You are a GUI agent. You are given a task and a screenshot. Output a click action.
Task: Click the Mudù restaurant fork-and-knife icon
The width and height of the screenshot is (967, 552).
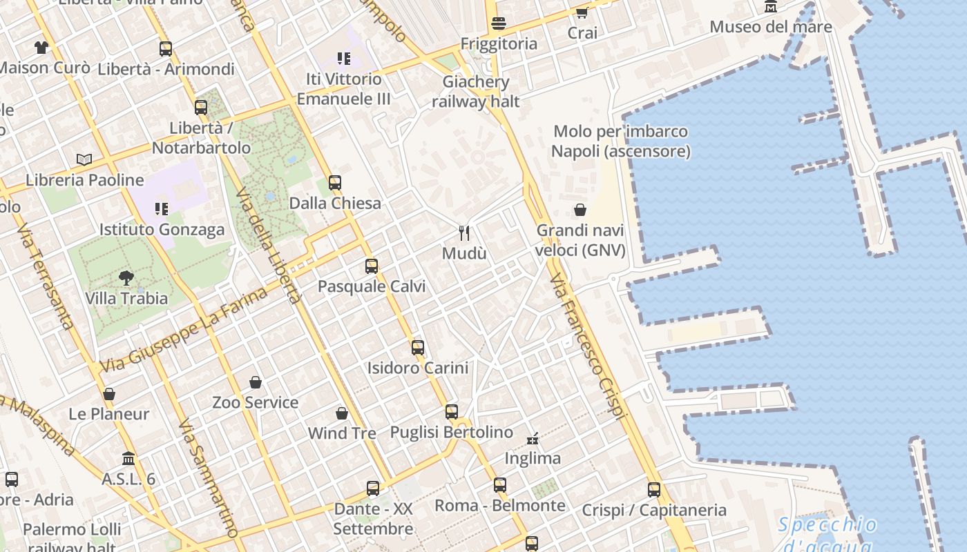point(464,233)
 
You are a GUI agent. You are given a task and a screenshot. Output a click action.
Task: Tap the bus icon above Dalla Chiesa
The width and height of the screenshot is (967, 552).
point(335,183)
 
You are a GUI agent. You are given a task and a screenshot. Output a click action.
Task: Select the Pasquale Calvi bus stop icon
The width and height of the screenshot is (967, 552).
point(372,266)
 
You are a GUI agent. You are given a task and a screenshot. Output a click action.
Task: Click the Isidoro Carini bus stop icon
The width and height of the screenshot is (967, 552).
point(418,348)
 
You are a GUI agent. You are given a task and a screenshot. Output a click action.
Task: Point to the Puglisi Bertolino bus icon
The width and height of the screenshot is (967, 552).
point(452,412)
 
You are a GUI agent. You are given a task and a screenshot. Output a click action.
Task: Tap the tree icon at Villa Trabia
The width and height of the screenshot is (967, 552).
point(126,278)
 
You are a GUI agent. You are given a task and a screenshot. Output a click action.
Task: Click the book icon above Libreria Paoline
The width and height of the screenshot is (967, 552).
point(84,160)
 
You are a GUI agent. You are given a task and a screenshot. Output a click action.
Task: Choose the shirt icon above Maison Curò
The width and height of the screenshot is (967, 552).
point(41,48)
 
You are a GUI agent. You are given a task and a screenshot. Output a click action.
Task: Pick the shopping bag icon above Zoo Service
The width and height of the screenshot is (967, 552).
point(256,382)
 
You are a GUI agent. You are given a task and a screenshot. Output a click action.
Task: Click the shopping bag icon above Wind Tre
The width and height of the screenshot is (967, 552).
point(342,413)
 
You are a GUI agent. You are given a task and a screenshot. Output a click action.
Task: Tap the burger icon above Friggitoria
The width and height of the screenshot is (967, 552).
point(499,23)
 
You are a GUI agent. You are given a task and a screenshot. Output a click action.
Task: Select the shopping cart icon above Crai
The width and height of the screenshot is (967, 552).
point(582,12)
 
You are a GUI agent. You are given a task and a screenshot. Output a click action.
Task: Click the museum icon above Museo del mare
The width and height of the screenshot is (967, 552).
point(771,7)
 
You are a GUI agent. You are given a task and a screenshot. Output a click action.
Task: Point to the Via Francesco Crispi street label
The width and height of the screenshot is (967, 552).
point(588,345)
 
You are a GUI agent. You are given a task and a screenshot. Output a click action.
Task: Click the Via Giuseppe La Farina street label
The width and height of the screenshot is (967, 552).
point(183,331)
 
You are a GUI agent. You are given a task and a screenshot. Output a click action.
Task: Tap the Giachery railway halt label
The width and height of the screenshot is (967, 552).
point(476,92)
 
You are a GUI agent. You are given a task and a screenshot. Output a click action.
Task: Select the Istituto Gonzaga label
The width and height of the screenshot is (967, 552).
point(162,230)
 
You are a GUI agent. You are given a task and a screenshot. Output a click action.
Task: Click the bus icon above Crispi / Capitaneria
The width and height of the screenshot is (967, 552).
point(654,490)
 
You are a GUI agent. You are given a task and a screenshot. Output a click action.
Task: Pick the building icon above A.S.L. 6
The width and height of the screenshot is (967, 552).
point(128,458)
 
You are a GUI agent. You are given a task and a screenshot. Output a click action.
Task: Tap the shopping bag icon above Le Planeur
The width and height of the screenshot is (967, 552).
point(109,394)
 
